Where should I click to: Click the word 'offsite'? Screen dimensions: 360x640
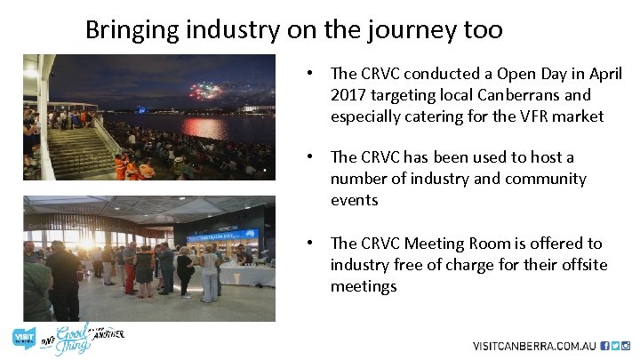(581, 265)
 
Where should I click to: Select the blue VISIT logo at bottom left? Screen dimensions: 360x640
(24, 339)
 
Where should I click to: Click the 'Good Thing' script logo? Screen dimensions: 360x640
(76, 340)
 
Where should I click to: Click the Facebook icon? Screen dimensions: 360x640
(604, 346)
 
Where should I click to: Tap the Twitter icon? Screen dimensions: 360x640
(615, 346)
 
